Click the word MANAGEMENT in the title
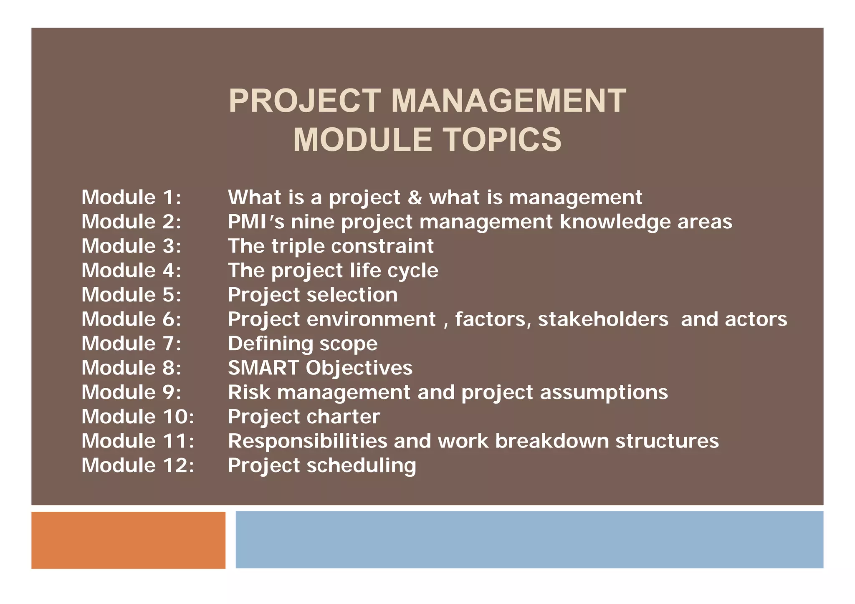pos(508,101)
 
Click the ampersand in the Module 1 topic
pos(415,197)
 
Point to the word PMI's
pos(256,222)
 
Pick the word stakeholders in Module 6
pos(603,319)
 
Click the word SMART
pos(263,368)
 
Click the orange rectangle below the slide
pos(128,540)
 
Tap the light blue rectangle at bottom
pos(529,539)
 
